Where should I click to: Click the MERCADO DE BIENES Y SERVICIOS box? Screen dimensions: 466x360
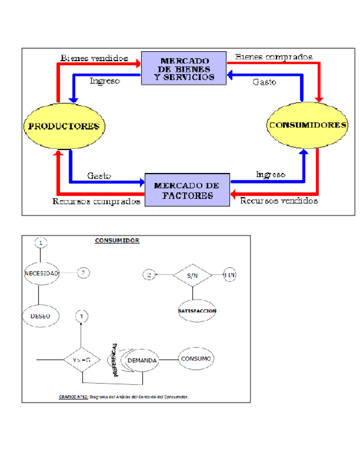pyautogui.click(x=184, y=68)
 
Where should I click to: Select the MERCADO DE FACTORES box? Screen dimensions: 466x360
pyautogui.click(x=187, y=190)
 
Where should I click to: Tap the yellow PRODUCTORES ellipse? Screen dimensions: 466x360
pyautogui.click(x=64, y=126)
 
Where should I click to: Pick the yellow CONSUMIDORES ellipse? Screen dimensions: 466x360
pyautogui.click(x=307, y=125)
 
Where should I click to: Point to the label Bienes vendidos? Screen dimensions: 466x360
pyautogui.click(x=95, y=57)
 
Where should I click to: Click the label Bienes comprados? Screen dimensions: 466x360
pyautogui.click(x=274, y=56)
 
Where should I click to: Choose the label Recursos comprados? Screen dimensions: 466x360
pyautogui.click(x=96, y=202)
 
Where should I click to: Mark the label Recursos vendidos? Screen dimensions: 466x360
pyautogui.click(x=279, y=201)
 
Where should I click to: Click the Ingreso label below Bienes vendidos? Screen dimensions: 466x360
pyautogui.click(x=105, y=81)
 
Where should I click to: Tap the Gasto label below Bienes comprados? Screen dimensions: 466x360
pyautogui.click(x=264, y=81)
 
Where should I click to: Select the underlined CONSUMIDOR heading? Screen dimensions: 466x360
pyautogui.click(x=117, y=240)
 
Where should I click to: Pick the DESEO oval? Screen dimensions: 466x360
pyautogui.click(x=41, y=316)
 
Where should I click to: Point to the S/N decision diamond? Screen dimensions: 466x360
pyautogui.click(x=192, y=275)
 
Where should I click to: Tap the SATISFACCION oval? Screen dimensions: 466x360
pyautogui.click(x=197, y=311)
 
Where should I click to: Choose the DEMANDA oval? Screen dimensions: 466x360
pyautogui.click(x=142, y=360)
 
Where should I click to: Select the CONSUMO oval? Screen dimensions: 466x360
pyautogui.click(x=196, y=359)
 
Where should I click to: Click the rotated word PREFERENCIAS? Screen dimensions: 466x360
pyautogui.click(x=115, y=361)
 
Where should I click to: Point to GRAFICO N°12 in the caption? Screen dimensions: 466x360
pyautogui.click(x=73, y=396)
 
